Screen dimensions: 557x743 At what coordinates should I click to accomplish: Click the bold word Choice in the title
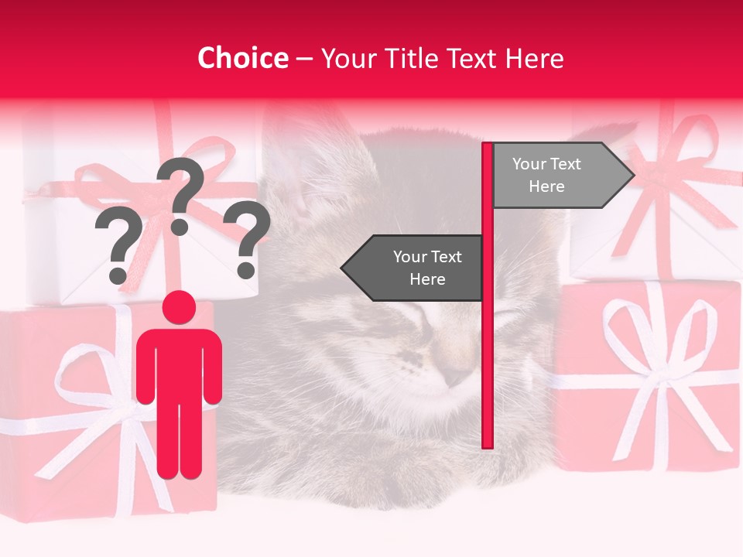(242, 58)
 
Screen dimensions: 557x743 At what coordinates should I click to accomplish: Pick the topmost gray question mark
(181, 193)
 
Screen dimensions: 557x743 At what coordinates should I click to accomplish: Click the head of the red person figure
(179, 308)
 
